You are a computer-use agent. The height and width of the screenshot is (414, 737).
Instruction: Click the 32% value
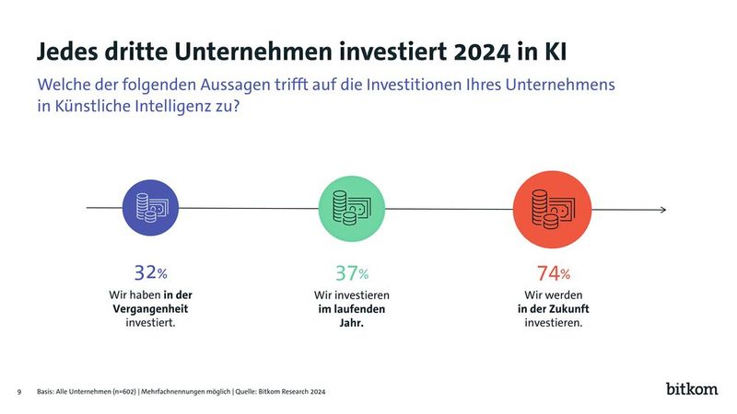(150, 272)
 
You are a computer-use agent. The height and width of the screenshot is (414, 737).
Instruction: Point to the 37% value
(350, 272)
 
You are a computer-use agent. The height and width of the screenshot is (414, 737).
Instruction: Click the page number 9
(19, 392)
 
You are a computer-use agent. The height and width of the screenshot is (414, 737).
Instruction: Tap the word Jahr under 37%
(351, 324)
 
